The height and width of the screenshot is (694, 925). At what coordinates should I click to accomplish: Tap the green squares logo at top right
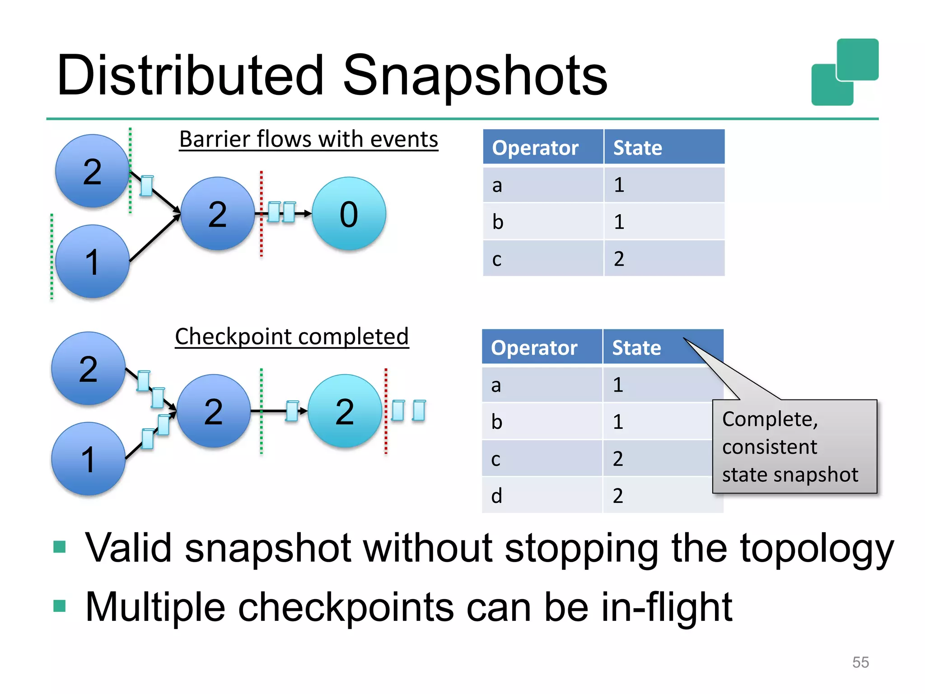pyautogui.click(x=845, y=72)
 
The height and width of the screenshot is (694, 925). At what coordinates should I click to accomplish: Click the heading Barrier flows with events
pyautogui.click(x=308, y=139)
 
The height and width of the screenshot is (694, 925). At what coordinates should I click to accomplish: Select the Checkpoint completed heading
pyautogui.click(x=292, y=337)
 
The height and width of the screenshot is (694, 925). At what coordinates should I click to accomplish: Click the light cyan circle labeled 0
pyautogui.click(x=349, y=214)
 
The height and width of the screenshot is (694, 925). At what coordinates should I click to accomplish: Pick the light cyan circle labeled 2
pyautogui.click(x=345, y=411)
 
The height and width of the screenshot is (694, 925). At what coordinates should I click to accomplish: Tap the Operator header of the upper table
pyautogui.click(x=535, y=148)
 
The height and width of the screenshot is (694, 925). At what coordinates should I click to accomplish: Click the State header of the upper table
pyautogui.click(x=638, y=148)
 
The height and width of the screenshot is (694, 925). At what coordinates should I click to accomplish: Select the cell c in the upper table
pyautogui.click(x=497, y=259)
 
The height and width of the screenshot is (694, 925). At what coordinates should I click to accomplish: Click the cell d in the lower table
pyautogui.click(x=496, y=496)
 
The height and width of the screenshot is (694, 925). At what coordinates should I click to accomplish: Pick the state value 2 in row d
pyautogui.click(x=618, y=496)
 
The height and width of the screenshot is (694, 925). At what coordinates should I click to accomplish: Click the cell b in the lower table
pyautogui.click(x=496, y=422)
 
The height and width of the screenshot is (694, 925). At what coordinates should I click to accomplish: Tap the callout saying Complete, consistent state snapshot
pyautogui.click(x=794, y=446)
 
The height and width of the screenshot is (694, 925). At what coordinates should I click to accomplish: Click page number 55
pyautogui.click(x=860, y=662)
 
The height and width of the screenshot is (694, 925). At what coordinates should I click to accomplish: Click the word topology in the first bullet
pyautogui.click(x=817, y=548)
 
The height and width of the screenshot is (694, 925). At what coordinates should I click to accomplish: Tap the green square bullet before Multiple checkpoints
pyautogui.click(x=60, y=605)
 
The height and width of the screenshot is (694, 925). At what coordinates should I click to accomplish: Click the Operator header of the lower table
pyautogui.click(x=534, y=348)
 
